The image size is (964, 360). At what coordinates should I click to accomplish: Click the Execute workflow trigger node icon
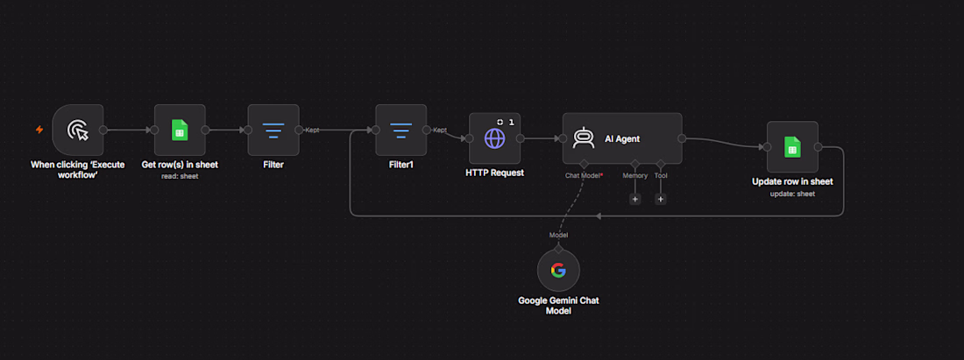[x=77, y=130]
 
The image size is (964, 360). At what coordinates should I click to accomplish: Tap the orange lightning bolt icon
[x=39, y=130]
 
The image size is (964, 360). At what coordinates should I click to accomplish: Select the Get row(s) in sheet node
[x=180, y=130]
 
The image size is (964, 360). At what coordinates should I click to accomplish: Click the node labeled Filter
[x=273, y=130]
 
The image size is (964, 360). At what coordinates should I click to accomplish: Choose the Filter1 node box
[x=400, y=130]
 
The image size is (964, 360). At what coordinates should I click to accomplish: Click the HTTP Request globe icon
[x=494, y=138]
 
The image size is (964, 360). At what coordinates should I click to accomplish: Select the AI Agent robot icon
[x=583, y=138]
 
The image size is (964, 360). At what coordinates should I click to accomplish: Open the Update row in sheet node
[x=792, y=147]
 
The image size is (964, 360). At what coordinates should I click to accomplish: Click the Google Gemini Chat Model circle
[x=558, y=271]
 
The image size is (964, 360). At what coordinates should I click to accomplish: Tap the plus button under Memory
[x=634, y=199]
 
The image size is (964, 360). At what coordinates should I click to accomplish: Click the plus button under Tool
[x=660, y=199]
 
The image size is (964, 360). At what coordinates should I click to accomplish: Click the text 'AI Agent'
[x=621, y=139]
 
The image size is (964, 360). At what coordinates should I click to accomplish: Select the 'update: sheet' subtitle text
[x=792, y=194]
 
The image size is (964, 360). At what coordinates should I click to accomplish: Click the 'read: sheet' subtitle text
[x=180, y=177]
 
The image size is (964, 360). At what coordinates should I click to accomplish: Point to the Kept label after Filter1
[x=440, y=130]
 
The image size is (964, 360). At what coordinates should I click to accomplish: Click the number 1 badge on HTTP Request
[x=511, y=123]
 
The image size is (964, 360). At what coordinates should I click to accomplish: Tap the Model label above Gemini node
[x=558, y=236]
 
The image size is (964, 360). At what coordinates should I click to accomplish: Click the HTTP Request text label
[x=494, y=173]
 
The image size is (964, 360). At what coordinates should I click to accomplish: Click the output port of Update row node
[x=819, y=147]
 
